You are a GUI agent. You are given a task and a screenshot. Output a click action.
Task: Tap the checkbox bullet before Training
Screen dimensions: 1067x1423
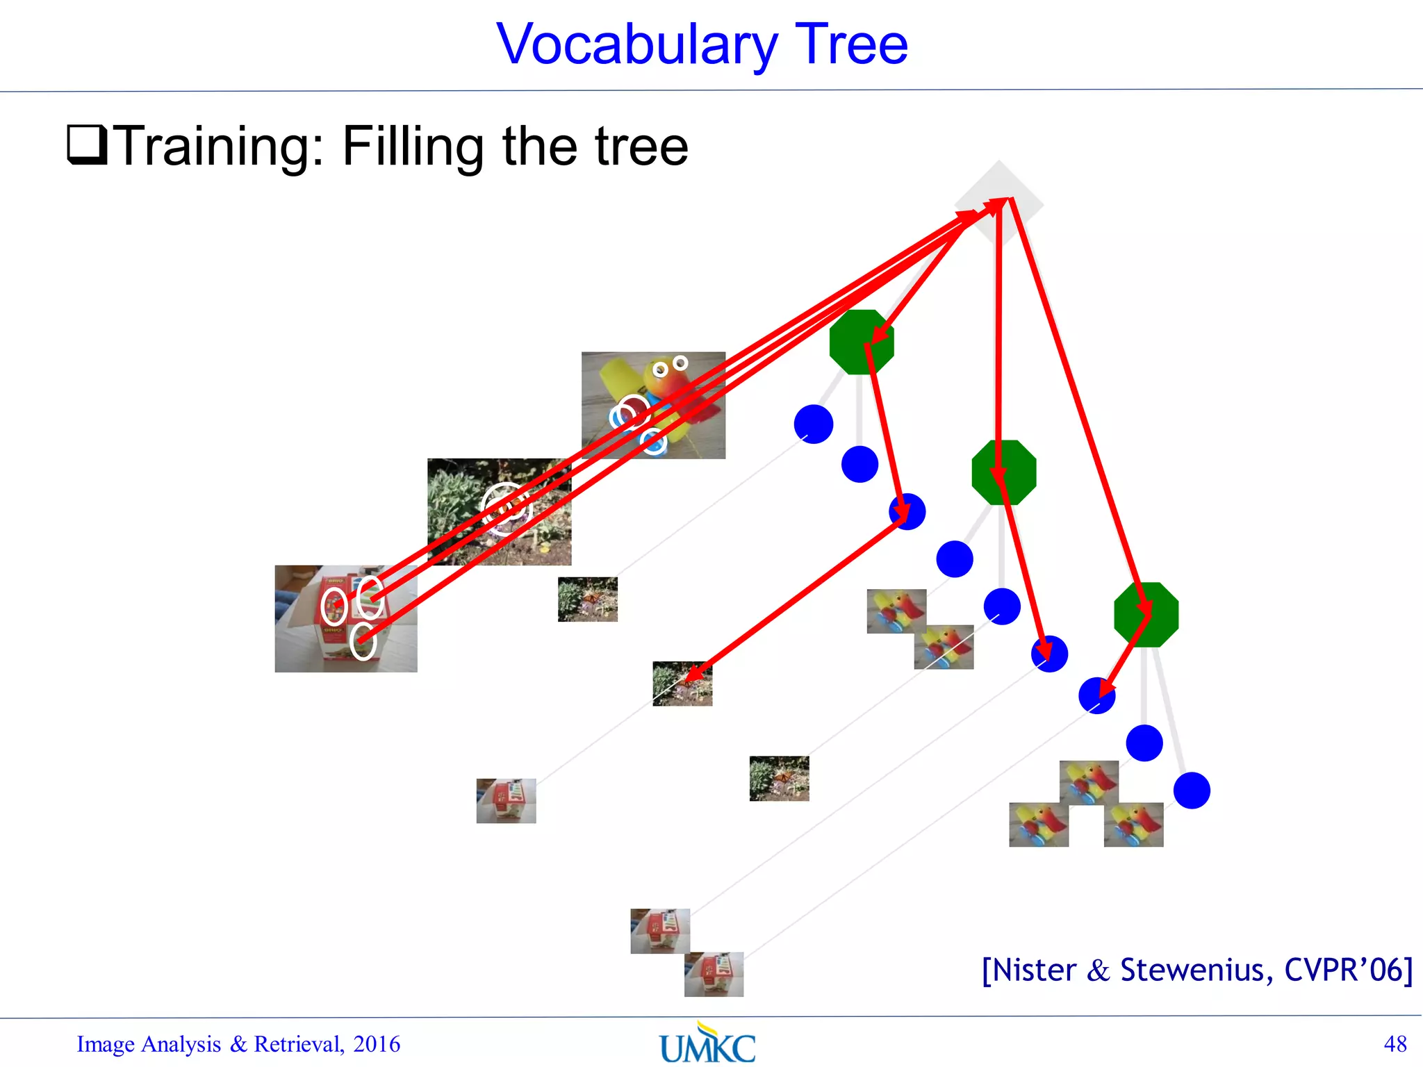[x=87, y=144]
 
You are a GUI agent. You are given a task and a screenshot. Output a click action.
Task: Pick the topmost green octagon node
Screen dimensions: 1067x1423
[x=862, y=342]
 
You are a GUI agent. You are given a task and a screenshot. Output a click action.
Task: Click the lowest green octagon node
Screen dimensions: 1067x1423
[x=1146, y=615]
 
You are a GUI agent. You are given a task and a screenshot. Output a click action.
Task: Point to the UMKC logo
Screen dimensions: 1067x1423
[x=707, y=1044]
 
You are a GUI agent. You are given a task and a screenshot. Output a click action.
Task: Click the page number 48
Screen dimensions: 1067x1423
[x=1395, y=1044]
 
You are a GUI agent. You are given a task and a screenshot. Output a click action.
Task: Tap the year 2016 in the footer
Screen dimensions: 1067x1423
[x=376, y=1044]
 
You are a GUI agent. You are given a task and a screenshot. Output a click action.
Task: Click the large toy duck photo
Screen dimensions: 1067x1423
[x=653, y=405]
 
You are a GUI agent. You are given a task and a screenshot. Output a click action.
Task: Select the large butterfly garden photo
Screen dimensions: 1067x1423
[x=499, y=511]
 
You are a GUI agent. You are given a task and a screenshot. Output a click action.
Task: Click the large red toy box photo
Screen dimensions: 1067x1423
[x=345, y=618]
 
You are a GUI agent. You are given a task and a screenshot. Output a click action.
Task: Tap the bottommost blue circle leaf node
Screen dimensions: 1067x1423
[x=1192, y=791]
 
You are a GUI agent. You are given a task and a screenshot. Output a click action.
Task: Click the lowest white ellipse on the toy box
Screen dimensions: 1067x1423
[x=363, y=640]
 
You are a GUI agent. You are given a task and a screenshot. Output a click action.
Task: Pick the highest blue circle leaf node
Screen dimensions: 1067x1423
[x=813, y=424]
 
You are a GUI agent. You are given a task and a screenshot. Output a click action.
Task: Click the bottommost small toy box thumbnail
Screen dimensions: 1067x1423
[x=714, y=974]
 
